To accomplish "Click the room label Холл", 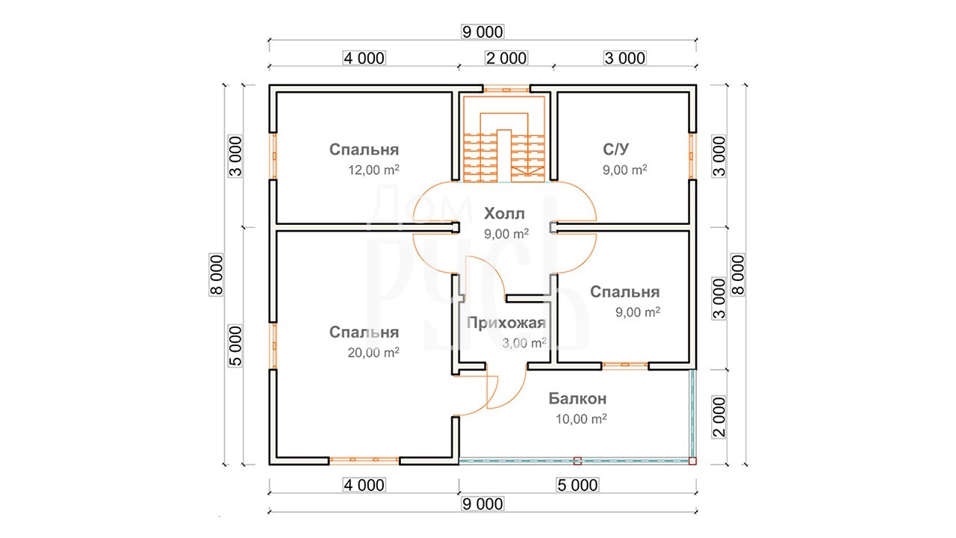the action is pyautogui.click(x=504, y=214).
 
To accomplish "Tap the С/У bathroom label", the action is pyautogui.click(x=615, y=149).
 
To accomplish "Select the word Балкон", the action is pyautogui.click(x=577, y=398).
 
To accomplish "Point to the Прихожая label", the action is pyautogui.click(x=506, y=324).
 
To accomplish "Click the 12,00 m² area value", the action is pyautogui.click(x=373, y=170).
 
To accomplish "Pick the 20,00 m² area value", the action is pyautogui.click(x=373, y=352).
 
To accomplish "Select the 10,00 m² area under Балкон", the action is pyautogui.click(x=581, y=419).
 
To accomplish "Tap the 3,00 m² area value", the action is pyautogui.click(x=524, y=343).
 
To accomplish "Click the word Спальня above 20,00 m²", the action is pyautogui.click(x=364, y=333).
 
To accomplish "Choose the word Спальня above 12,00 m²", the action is pyautogui.click(x=364, y=149).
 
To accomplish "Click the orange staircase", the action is pyautogui.click(x=504, y=139).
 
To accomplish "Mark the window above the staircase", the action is pyautogui.click(x=506, y=90).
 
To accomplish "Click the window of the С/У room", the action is pyautogui.click(x=692, y=156).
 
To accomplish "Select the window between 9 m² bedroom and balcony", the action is pyautogui.click(x=625, y=365).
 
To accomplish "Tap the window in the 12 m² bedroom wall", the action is pyautogui.click(x=273, y=156).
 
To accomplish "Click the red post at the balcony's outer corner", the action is pyautogui.click(x=692, y=461).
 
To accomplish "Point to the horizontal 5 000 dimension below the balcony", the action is pyautogui.click(x=578, y=485).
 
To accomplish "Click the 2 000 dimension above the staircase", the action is pyautogui.click(x=506, y=58).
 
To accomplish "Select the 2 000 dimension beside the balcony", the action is pyautogui.click(x=719, y=417).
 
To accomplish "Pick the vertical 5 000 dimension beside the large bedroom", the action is pyautogui.click(x=235, y=346).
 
